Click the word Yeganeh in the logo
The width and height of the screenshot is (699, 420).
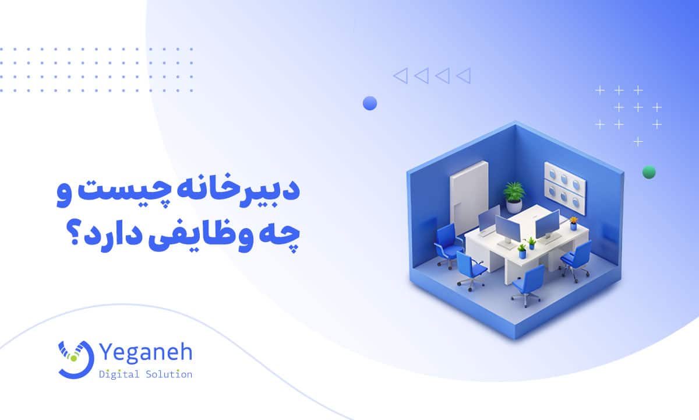[x=149, y=353]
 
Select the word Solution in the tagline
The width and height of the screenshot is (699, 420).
[x=168, y=374]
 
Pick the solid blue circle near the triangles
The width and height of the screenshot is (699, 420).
[x=369, y=103]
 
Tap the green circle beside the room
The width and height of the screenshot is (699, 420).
[x=648, y=172]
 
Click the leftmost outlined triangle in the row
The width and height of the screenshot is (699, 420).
[x=400, y=75]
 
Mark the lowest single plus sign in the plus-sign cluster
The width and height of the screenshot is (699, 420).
[x=638, y=141]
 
